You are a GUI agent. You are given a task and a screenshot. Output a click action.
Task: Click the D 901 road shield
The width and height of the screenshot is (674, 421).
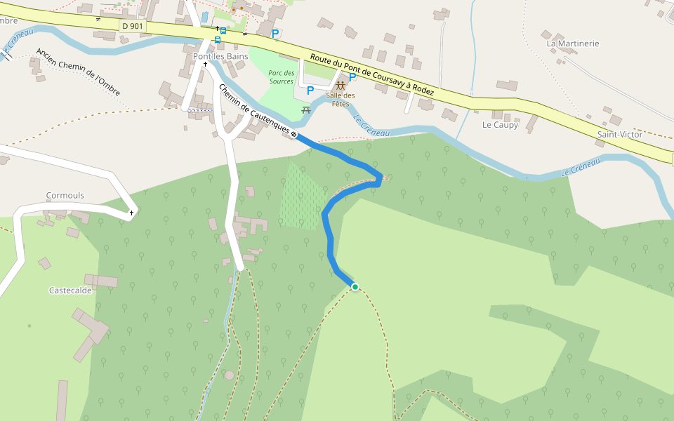[132, 26]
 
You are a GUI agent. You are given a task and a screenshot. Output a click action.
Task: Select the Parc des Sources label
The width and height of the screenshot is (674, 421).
[281, 77]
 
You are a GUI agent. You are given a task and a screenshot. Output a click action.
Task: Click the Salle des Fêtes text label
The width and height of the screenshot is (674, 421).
[341, 100]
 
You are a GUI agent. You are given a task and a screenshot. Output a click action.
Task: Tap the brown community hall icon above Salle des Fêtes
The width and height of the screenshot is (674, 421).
[341, 86]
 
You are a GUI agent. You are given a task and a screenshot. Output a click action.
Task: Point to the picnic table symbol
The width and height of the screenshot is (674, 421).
[306, 110]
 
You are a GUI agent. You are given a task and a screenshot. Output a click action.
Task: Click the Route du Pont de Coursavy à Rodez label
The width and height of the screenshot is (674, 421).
[372, 75]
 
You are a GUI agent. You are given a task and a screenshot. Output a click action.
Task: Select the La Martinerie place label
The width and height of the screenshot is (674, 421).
[573, 44]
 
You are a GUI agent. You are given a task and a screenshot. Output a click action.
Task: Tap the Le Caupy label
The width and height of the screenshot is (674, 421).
[500, 126]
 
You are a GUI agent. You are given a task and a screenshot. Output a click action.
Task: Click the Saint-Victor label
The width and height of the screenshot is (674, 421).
[619, 134]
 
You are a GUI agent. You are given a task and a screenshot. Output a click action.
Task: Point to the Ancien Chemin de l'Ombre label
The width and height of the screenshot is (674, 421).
[78, 72]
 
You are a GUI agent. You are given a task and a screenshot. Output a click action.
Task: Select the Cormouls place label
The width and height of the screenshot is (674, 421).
[65, 196]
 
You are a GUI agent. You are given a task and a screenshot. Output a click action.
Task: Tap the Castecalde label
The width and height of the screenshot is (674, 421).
[70, 290]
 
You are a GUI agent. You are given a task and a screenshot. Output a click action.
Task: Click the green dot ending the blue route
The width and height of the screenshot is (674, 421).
[355, 287]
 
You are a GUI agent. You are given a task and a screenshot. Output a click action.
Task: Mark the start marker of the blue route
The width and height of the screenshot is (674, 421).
[294, 135]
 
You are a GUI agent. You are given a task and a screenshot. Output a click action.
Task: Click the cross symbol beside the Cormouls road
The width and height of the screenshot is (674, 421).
[131, 212]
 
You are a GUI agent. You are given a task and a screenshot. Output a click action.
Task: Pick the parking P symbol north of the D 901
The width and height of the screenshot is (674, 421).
[275, 33]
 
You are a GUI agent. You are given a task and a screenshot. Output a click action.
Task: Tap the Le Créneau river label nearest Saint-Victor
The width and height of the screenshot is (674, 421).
[581, 168]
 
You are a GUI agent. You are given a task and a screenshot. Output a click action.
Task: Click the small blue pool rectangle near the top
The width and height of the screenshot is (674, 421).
[204, 16]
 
